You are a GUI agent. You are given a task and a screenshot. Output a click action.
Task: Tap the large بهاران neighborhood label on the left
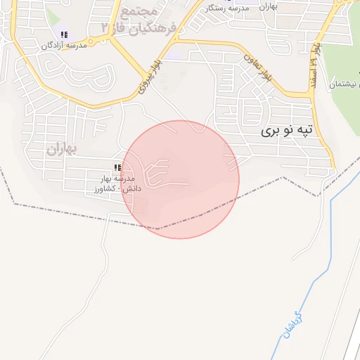pyautogui.click(x=60, y=148)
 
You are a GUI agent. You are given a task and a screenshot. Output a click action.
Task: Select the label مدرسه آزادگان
pyautogui.click(x=63, y=45)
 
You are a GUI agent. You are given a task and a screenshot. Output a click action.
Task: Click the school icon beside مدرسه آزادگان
pyautogui.click(x=64, y=34)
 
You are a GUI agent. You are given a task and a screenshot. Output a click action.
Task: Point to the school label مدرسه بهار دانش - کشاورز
pyautogui.click(x=117, y=184)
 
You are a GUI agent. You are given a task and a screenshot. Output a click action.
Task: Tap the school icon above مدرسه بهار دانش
pyautogui.click(x=117, y=168)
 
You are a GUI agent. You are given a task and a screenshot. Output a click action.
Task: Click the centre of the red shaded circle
pyautogui.click(x=180, y=179)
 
